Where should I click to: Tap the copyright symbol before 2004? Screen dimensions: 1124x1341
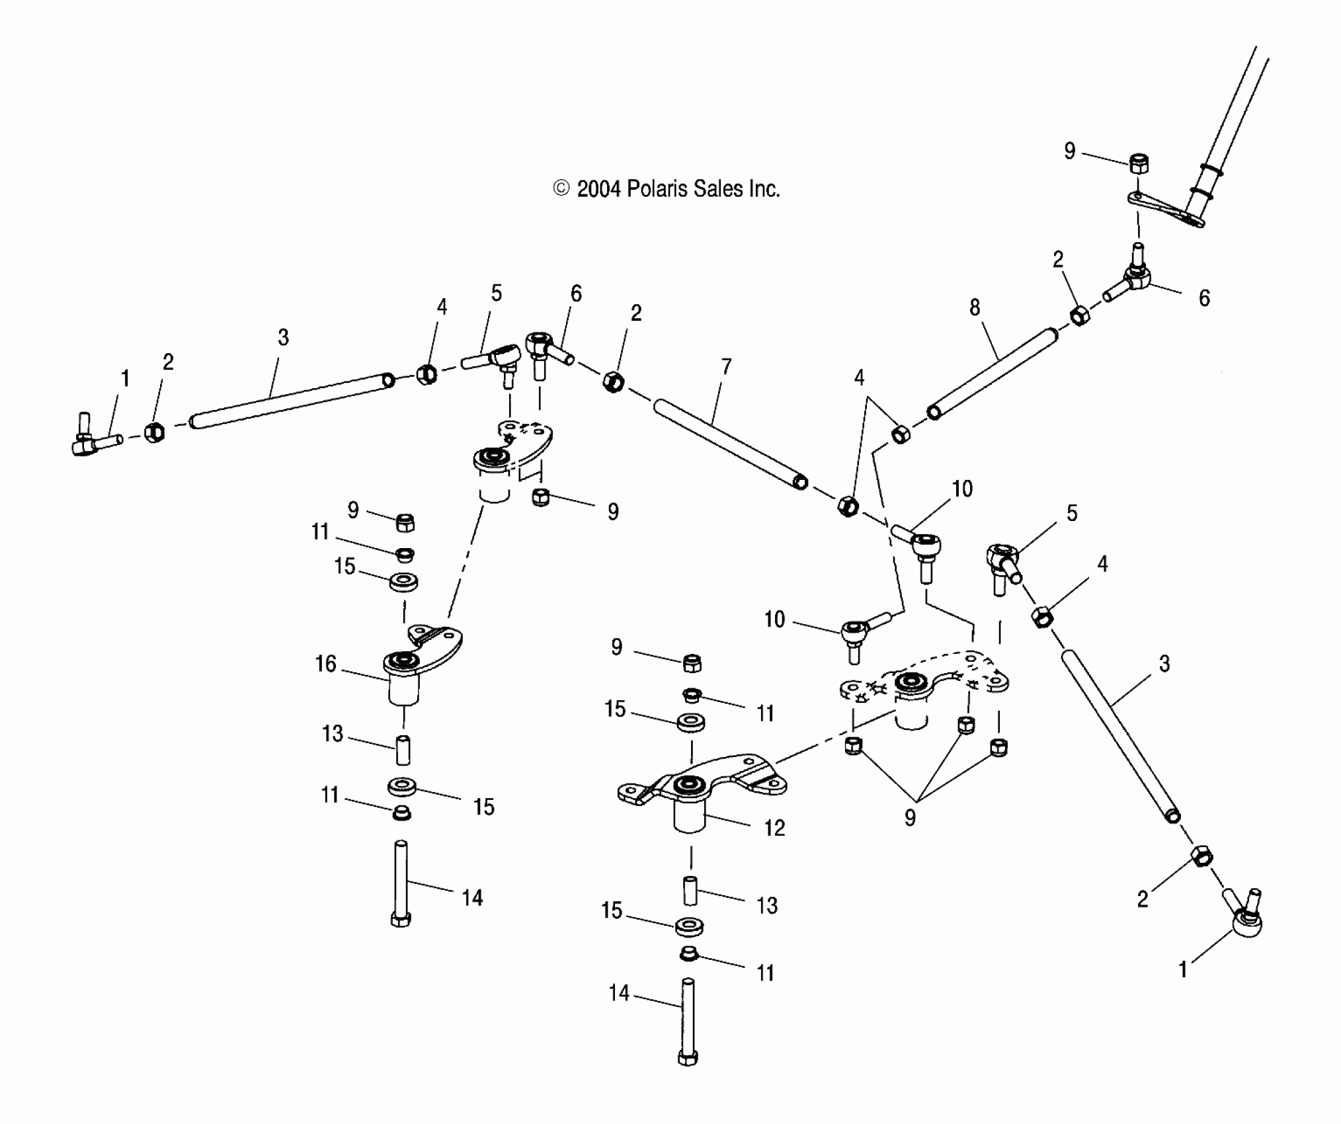coord(561,189)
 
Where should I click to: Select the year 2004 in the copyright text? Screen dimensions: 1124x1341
coord(598,189)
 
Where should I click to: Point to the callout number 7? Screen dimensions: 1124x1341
coord(726,366)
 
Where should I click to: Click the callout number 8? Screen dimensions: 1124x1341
coord(975,307)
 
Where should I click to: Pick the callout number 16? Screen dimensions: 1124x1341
coord(325,663)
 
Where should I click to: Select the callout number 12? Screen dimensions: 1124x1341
coord(774,828)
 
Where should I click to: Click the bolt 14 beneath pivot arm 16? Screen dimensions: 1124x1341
coord(401,883)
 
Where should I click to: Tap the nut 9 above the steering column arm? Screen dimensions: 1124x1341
coord(1138,163)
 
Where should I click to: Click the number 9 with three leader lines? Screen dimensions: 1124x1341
coord(910,818)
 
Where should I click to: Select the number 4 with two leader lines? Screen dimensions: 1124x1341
coord(859,378)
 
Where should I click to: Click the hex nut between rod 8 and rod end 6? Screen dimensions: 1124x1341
coord(1079,315)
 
